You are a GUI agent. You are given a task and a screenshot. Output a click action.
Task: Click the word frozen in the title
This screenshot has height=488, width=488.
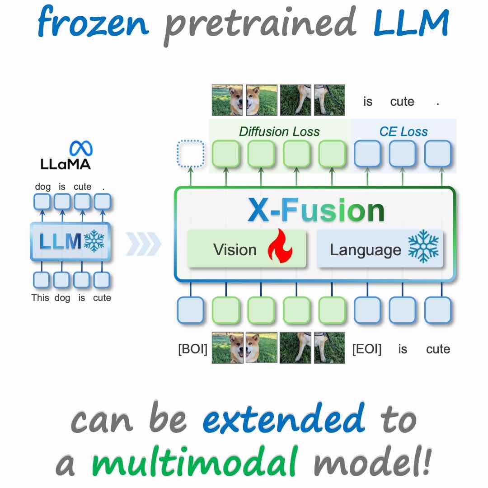click(93, 21)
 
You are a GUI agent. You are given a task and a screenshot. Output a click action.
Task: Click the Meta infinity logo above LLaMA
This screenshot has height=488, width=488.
click(81, 148)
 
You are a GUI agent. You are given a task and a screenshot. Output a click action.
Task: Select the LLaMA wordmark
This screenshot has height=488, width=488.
click(66, 164)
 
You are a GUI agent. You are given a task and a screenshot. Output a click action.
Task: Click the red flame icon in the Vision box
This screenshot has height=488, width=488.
click(280, 246)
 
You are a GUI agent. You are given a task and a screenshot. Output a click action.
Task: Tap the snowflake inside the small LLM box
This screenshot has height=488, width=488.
click(94, 241)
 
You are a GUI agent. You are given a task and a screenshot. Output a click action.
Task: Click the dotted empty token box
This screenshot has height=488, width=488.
click(191, 154)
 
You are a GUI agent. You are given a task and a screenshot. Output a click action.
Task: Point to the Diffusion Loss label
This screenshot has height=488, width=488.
click(279, 131)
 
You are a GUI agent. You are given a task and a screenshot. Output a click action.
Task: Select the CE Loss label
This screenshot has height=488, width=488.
click(404, 131)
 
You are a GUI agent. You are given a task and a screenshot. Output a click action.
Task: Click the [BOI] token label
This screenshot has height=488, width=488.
click(192, 349)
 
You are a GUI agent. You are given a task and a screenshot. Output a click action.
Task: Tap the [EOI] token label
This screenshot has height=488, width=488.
click(366, 349)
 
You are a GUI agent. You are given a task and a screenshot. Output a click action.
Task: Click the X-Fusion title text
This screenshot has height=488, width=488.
click(316, 211)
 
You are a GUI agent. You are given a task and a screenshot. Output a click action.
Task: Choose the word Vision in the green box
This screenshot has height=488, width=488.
click(235, 249)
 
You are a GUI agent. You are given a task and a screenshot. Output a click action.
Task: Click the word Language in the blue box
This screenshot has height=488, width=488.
click(366, 250)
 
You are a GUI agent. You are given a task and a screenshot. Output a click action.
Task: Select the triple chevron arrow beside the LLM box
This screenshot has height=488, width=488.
click(144, 244)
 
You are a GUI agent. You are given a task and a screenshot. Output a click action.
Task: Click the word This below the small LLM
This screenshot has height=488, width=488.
click(40, 298)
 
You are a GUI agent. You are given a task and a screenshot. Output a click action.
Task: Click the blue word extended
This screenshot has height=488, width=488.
click(283, 418)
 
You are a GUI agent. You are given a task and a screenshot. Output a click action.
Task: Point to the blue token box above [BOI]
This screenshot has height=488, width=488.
click(191, 310)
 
